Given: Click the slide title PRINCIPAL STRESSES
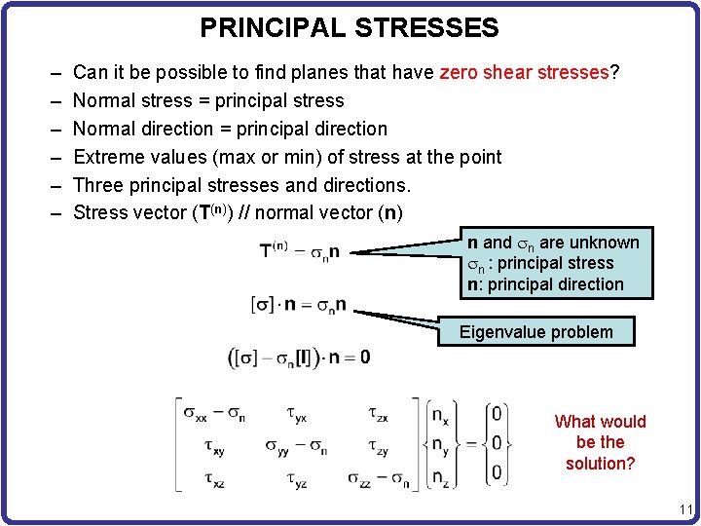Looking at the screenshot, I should (x=349, y=27).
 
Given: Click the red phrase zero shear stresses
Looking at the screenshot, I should (x=524, y=72).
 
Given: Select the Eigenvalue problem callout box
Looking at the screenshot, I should (x=536, y=332).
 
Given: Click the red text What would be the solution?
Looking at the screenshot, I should (x=600, y=442).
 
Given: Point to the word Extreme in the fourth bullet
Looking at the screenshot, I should (x=108, y=157).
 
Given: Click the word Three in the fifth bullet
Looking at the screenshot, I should (x=98, y=185).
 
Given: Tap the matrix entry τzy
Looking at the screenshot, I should (x=377, y=447).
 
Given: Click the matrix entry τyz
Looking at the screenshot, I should (x=297, y=478).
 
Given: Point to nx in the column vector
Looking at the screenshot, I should (x=439, y=416).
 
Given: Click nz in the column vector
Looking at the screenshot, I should (x=439, y=478).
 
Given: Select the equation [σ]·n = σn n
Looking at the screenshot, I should (x=299, y=305).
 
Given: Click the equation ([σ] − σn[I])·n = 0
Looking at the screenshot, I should (x=299, y=357).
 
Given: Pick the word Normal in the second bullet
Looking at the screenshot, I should (x=104, y=100).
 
